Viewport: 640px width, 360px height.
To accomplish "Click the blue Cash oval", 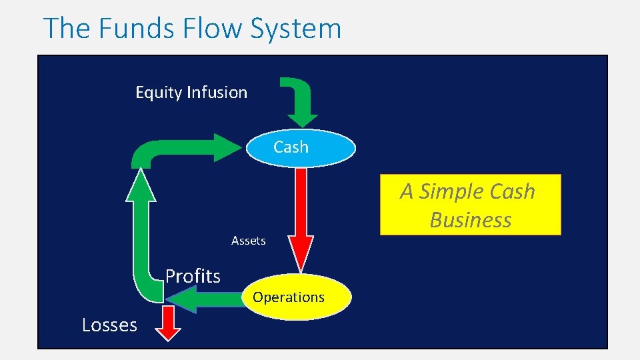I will pyautogui.click(x=301, y=147).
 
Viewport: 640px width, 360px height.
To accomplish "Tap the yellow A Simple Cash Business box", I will pyautogui.click(x=470, y=205).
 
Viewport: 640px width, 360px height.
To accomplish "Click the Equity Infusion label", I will pyautogui.click(x=191, y=93).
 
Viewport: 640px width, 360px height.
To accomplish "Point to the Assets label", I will pyautogui.click(x=248, y=241).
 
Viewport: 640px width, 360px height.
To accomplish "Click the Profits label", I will pyautogui.click(x=193, y=276).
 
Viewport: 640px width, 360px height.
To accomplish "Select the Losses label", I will pyautogui.click(x=109, y=325).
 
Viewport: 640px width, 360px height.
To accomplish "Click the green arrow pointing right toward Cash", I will pyautogui.click(x=193, y=148).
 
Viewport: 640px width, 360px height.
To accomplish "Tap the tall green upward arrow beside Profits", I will pyautogui.click(x=141, y=227).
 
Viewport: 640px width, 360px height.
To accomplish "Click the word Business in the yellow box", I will pyautogui.click(x=470, y=220).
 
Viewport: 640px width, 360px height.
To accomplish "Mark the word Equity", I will pyautogui.click(x=159, y=93).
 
